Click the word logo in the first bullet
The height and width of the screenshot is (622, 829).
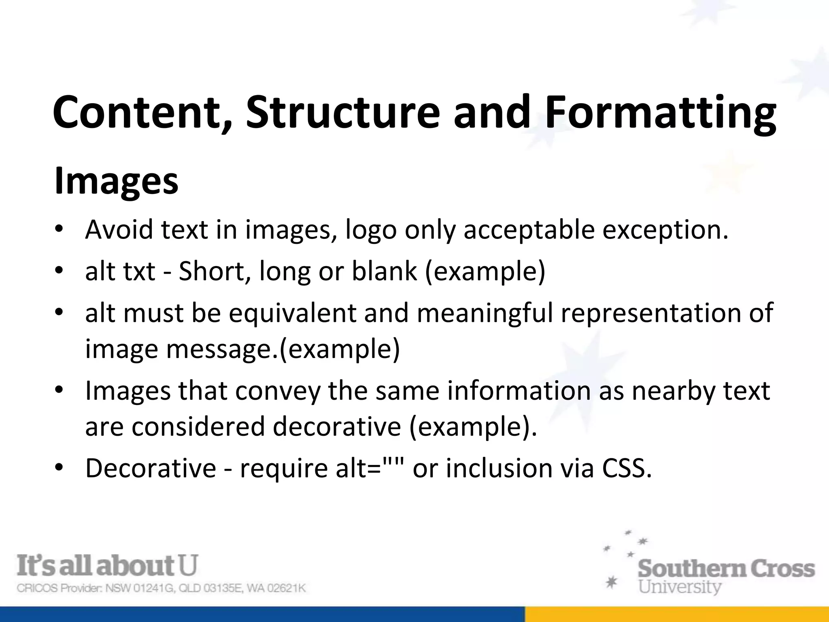[371, 230]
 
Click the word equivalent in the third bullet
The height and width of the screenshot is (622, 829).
[293, 312]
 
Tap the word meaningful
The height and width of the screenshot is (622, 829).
[485, 312]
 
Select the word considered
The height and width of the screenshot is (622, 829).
[198, 426]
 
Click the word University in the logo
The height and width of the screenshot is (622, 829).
[680, 586]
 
